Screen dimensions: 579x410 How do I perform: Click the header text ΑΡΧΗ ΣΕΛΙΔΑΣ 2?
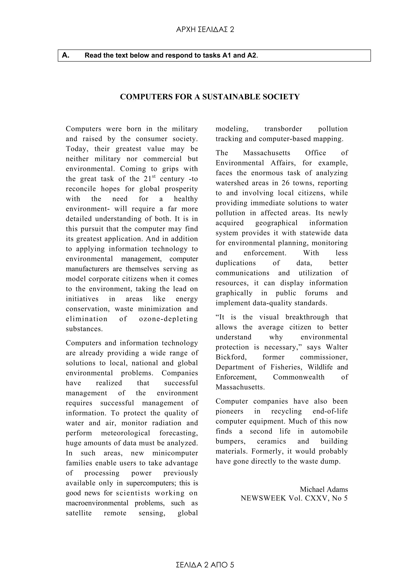coord(205,30)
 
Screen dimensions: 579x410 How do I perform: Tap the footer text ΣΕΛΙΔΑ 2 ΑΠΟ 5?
coord(205,565)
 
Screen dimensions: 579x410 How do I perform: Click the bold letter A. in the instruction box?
coord(66,55)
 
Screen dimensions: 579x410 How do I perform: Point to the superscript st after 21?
coord(154,176)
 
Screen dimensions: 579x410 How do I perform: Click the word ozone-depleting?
coord(168,319)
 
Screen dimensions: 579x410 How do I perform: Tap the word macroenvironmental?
coord(97,503)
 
